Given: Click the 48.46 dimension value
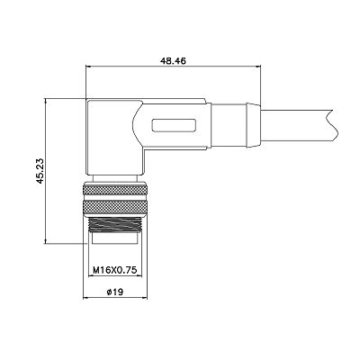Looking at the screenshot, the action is pos(173,61).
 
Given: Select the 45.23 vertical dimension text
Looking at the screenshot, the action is pos(40,171).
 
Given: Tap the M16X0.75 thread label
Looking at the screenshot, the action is pos(115,270).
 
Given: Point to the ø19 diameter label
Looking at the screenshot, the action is pos(115,292).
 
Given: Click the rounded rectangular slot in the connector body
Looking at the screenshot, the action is pos(175,125).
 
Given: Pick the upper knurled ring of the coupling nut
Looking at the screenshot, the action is pos(115,191).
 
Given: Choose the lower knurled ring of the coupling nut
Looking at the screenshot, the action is pos(115,207).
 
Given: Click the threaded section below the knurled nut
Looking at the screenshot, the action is pos(115,224).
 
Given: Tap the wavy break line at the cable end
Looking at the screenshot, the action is pos(333,126).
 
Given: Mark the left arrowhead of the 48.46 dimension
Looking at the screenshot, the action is pos(89,67).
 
